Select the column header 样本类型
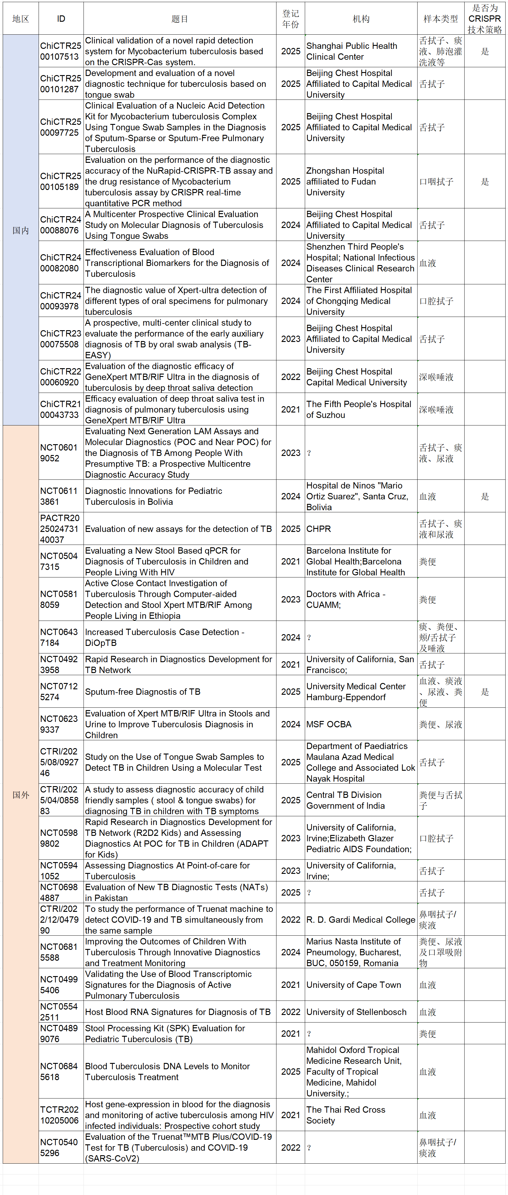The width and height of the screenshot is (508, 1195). tap(440, 19)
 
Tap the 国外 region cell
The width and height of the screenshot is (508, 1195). tap(21, 795)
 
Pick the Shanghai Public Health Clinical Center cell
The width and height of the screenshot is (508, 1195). tap(361, 51)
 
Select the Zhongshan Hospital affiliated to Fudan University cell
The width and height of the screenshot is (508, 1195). tap(361, 182)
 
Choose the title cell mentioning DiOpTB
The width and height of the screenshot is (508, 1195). tap(180, 637)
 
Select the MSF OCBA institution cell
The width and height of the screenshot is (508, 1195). tap(361, 724)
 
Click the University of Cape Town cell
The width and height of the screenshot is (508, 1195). tap(361, 985)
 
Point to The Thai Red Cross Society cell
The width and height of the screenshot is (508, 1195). tap(361, 1115)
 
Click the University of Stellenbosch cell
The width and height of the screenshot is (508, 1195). tap(361, 1012)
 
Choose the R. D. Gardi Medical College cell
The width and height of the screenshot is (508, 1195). tap(361, 919)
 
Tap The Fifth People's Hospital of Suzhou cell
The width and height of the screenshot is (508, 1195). tap(361, 409)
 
